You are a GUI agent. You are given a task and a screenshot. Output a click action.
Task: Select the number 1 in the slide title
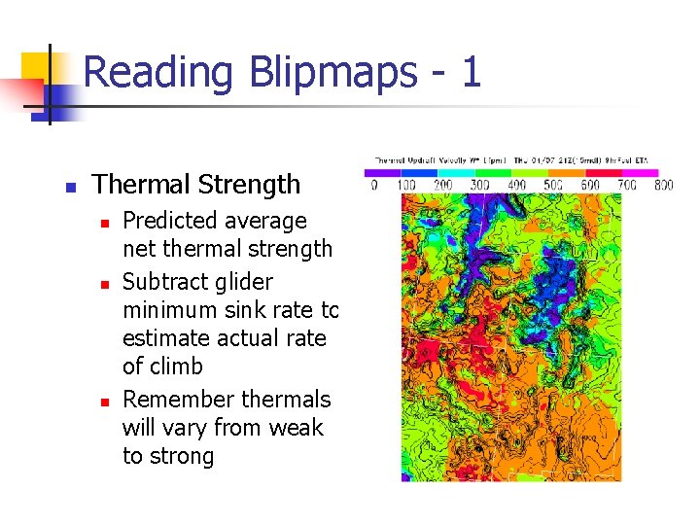[x=470, y=73]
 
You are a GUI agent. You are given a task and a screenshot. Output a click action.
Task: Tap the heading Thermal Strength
[x=196, y=184]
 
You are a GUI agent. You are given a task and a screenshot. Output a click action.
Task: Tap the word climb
[x=175, y=367]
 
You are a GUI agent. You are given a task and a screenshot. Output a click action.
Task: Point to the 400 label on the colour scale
[x=514, y=185]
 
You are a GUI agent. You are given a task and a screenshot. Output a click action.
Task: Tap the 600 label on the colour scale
[x=588, y=185]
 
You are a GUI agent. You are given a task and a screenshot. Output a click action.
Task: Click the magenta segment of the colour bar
[x=643, y=173]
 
